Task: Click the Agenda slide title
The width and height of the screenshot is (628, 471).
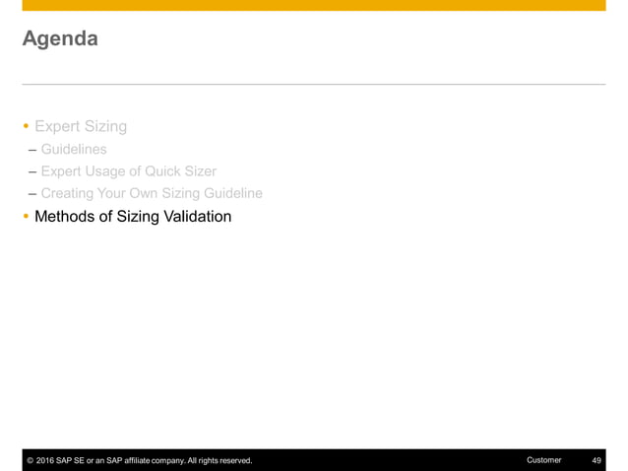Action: [60, 40]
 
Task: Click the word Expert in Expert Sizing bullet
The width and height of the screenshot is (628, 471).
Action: [57, 126]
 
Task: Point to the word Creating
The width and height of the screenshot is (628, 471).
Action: [70, 193]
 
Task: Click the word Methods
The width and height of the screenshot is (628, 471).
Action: [65, 217]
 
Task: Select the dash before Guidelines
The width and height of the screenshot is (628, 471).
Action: [32, 150]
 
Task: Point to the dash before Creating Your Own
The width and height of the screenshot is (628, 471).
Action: [32, 193]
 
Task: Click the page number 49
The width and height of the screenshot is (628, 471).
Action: [597, 459]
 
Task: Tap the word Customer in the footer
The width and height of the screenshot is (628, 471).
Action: [543, 459]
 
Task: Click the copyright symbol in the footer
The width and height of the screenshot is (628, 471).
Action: [30, 460]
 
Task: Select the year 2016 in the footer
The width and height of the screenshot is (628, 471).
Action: [46, 460]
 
